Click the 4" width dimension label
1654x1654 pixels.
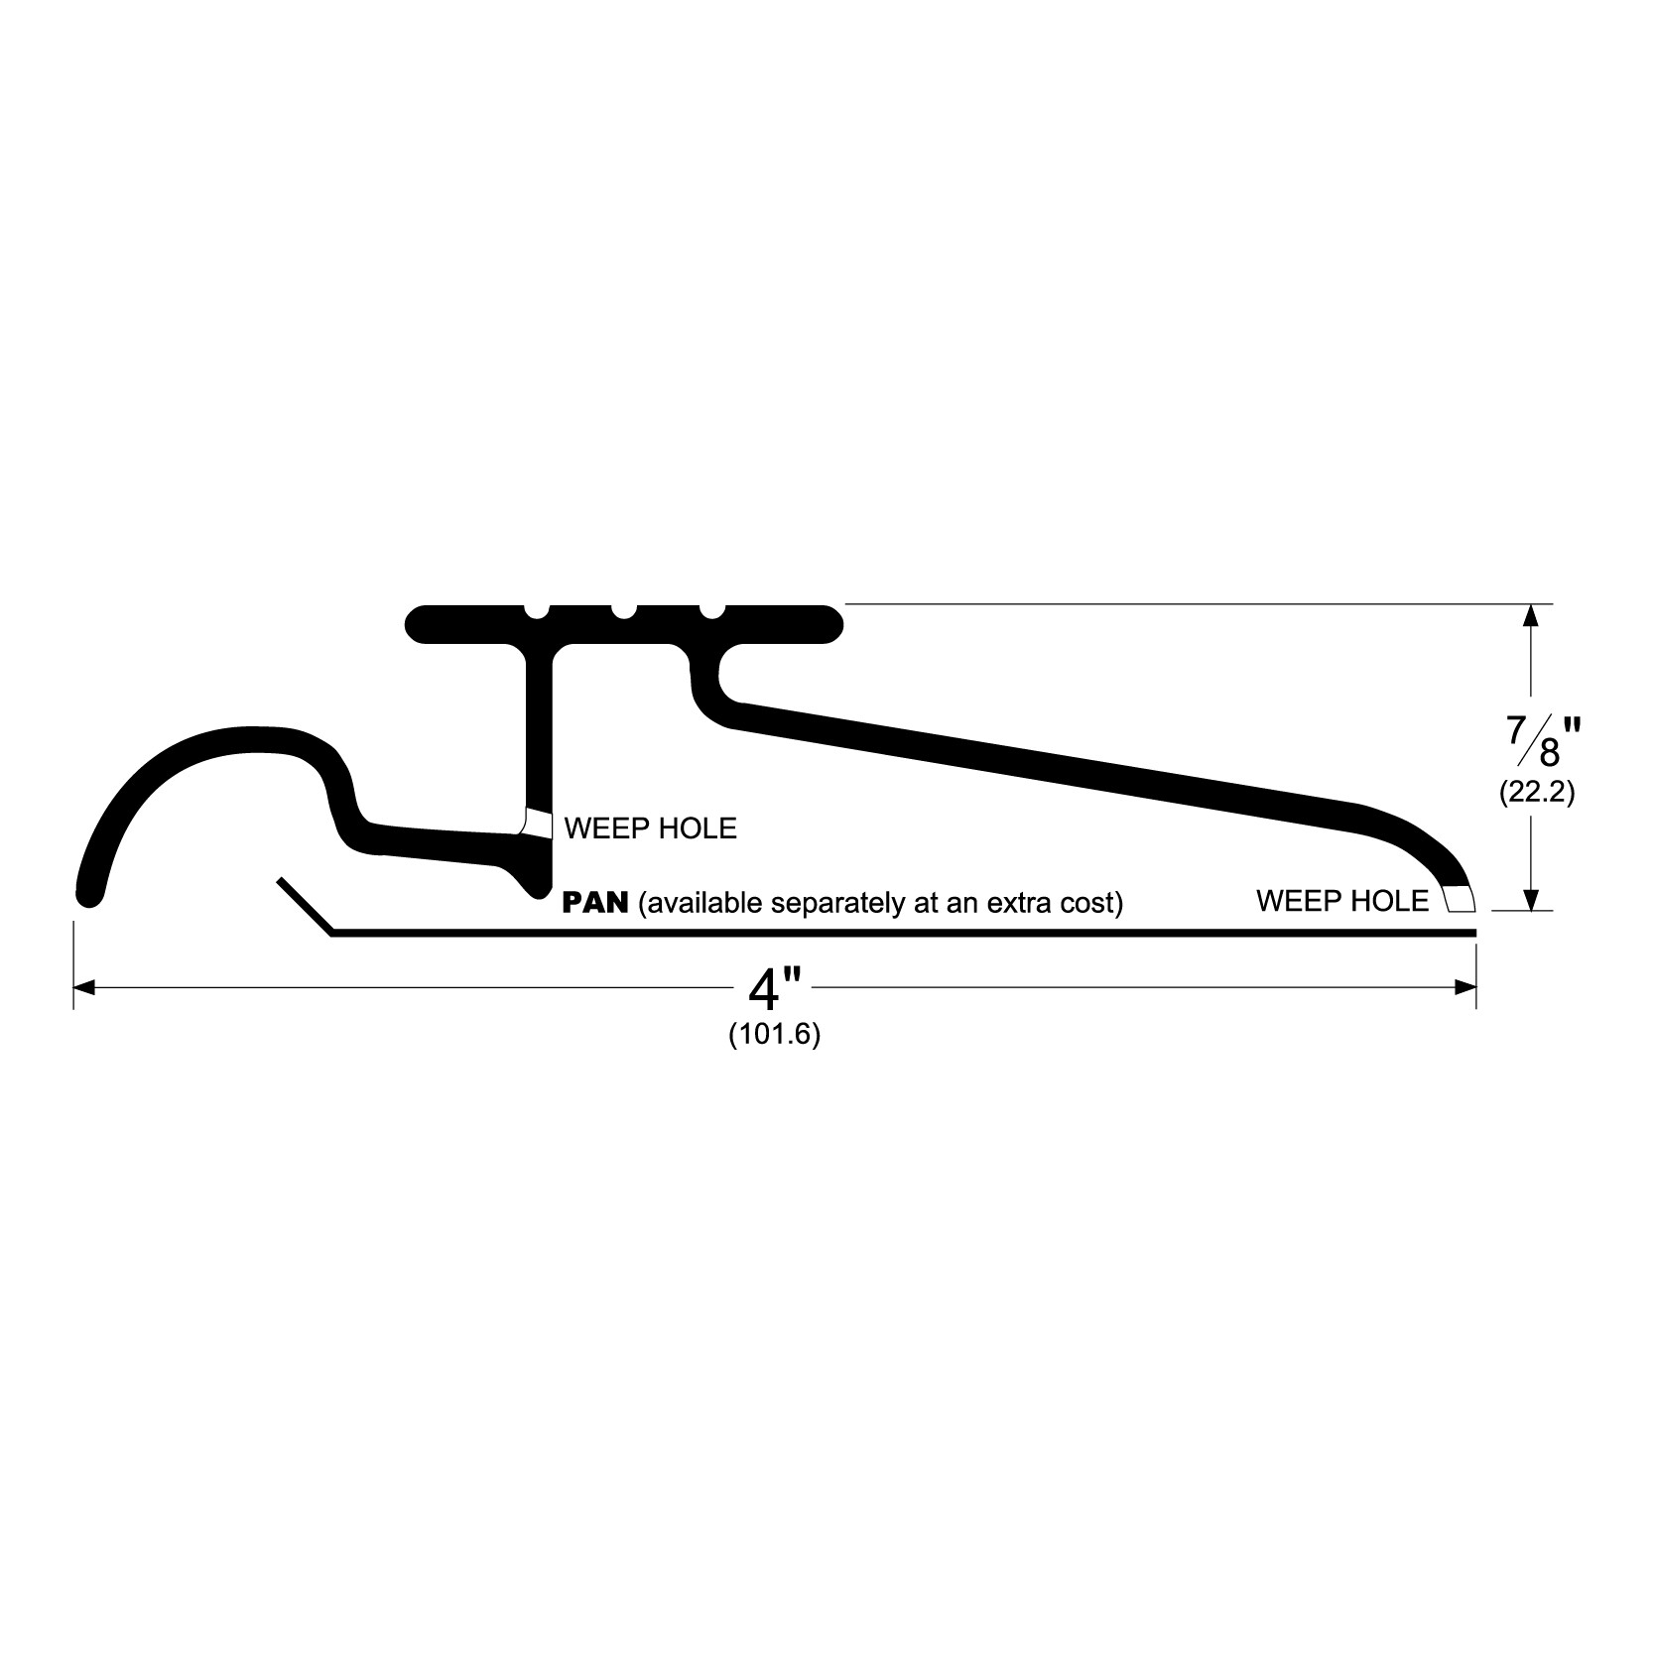coord(775,988)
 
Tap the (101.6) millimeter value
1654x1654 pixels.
coord(775,1035)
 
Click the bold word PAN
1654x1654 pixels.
coord(595,903)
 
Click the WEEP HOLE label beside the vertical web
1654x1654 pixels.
coord(651,828)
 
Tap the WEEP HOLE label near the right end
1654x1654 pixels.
coord(1342,901)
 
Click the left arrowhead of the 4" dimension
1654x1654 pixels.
coord(84,987)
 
